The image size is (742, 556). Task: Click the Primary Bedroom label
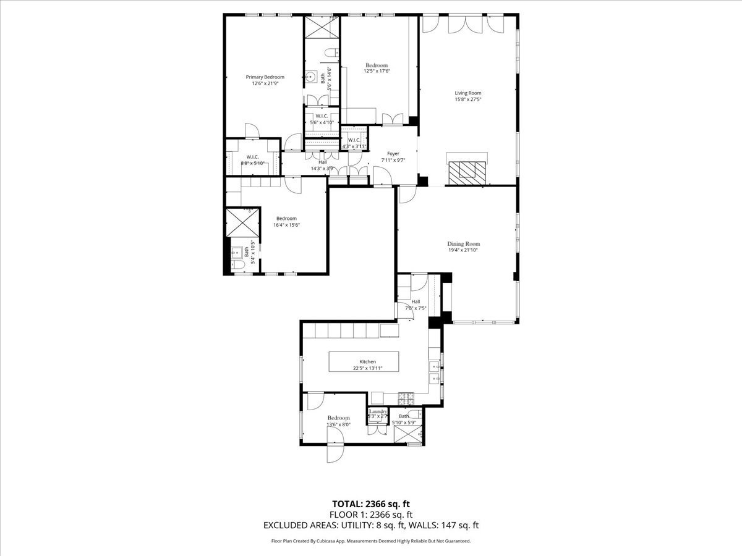(x=265, y=77)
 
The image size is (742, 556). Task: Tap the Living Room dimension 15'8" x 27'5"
(x=467, y=99)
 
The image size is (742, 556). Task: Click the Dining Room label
(x=463, y=244)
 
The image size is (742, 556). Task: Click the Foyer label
(x=393, y=153)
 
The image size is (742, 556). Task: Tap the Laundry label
(x=378, y=411)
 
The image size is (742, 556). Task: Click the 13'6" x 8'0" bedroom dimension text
(x=338, y=424)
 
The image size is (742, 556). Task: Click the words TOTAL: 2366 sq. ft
(x=371, y=503)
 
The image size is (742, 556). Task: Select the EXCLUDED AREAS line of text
(x=371, y=526)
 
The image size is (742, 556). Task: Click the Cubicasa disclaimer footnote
(x=371, y=541)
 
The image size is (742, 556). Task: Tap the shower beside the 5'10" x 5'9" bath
(x=409, y=435)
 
